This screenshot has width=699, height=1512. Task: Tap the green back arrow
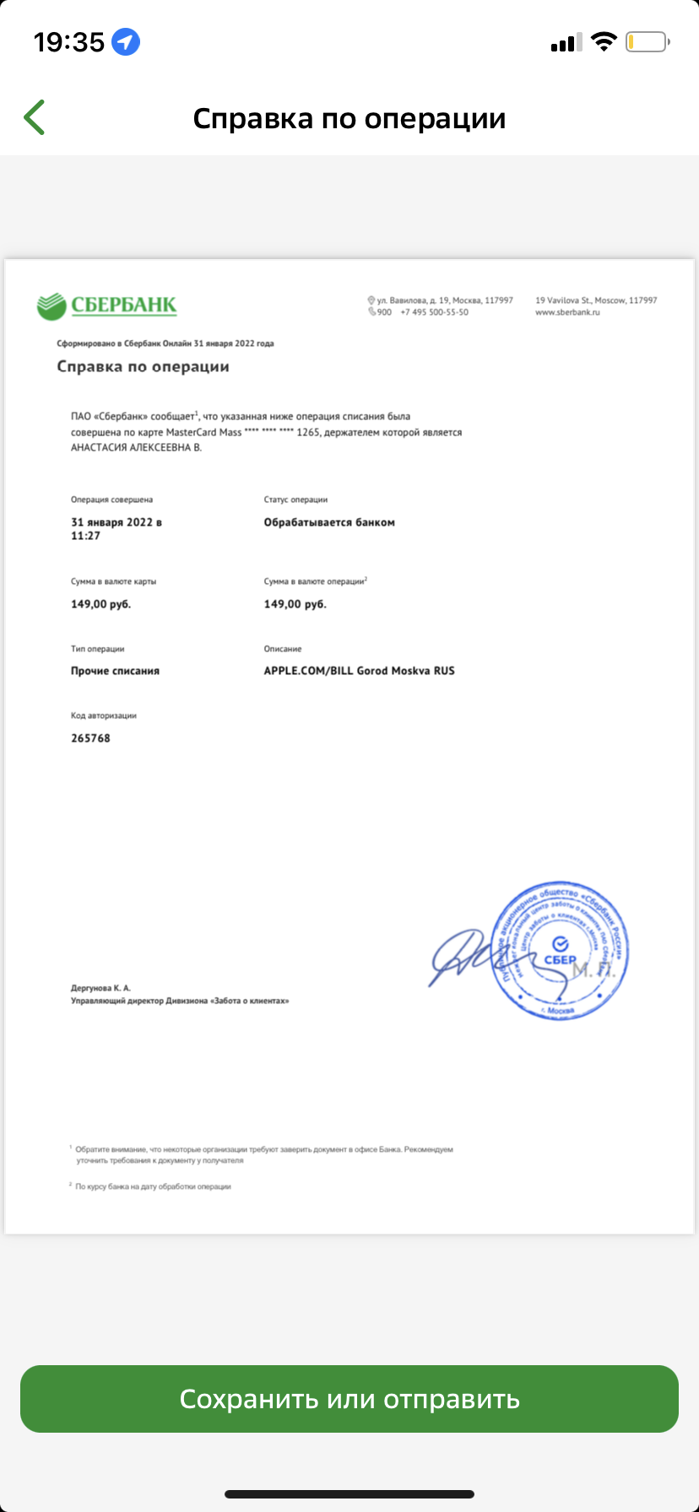click(35, 117)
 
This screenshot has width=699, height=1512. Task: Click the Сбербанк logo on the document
click(107, 305)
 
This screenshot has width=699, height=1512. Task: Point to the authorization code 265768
click(90, 738)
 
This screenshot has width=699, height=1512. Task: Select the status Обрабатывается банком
click(329, 522)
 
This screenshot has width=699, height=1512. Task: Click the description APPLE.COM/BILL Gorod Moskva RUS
click(359, 671)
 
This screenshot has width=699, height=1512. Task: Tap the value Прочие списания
click(115, 671)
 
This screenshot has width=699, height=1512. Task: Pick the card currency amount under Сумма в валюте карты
click(100, 604)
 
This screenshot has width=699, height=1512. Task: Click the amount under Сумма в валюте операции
click(295, 604)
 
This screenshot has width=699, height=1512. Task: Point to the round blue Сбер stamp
click(560, 950)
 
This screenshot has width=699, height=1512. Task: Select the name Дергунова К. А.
click(100, 987)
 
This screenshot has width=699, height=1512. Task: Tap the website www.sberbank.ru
click(567, 312)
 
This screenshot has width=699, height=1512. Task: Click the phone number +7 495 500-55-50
click(434, 312)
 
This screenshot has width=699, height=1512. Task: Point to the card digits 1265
click(308, 433)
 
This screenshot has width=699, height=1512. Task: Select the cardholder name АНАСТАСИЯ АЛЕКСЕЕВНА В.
click(136, 448)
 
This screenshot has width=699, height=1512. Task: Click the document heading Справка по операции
click(143, 367)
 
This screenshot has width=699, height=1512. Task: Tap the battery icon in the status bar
click(647, 41)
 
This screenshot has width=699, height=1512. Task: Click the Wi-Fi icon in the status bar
click(604, 41)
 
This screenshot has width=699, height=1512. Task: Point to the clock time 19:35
click(69, 41)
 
